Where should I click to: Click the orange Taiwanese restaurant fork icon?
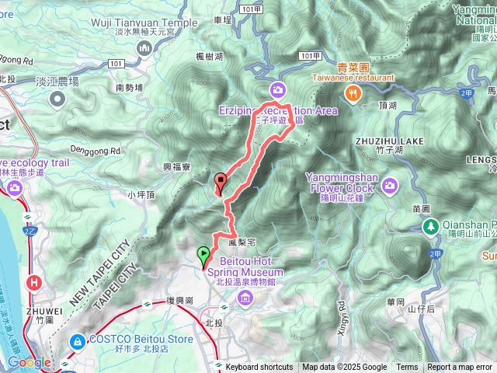[x=353, y=93]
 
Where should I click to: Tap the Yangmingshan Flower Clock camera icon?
[x=389, y=185]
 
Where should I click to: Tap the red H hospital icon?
[x=33, y=284]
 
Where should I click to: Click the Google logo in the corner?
[x=29, y=362]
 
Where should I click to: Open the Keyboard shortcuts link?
[x=259, y=368]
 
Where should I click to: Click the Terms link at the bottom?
[x=407, y=368]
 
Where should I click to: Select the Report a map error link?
[x=460, y=368]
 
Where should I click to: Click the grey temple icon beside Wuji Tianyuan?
[x=144, y=50]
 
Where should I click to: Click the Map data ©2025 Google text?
[x=344, y=368]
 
